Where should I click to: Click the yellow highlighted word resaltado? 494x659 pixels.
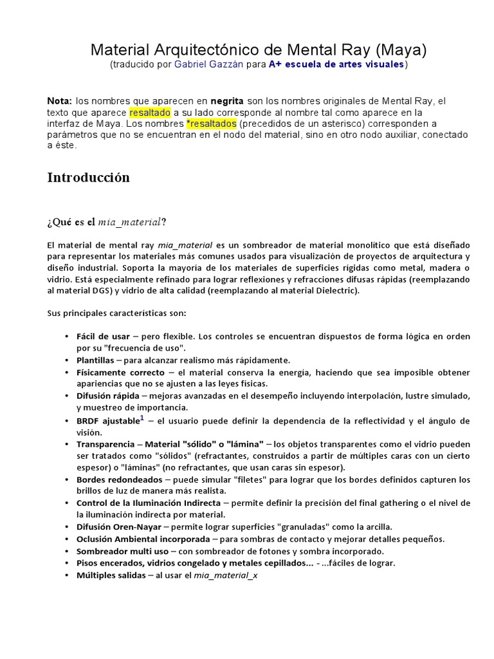(x=150, y=112)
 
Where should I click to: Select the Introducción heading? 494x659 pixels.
(x=88, y=178)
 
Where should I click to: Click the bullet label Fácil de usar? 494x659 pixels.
(x=103, y=337)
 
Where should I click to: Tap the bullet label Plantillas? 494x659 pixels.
(x=95, y=360)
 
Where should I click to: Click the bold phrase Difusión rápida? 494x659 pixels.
(x=107, y=396)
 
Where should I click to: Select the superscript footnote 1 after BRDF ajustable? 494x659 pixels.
(x=142, y=418)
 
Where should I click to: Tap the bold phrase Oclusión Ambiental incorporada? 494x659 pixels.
(x=143, y=539)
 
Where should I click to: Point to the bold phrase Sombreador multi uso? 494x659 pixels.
(x=122, y=551)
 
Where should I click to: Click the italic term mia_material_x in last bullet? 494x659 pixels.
(x=225, y=575)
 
